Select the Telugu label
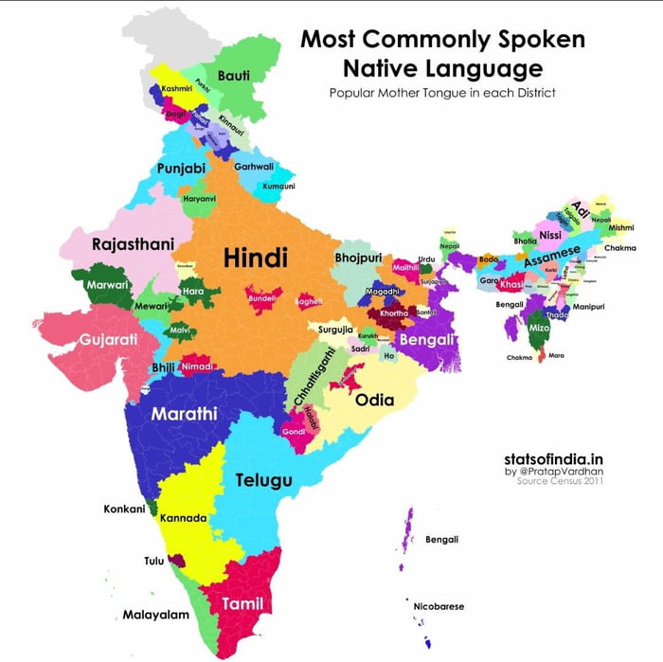tap(263, 479)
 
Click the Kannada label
tap(183, 518)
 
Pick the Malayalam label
tap(156, 615)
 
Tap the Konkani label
tap(124, 509)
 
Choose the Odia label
tap(374, 400)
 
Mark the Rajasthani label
tap(133, 244)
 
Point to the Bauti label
tap(234, 75)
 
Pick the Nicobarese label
tap(439, 606)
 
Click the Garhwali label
tap(254, 166)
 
